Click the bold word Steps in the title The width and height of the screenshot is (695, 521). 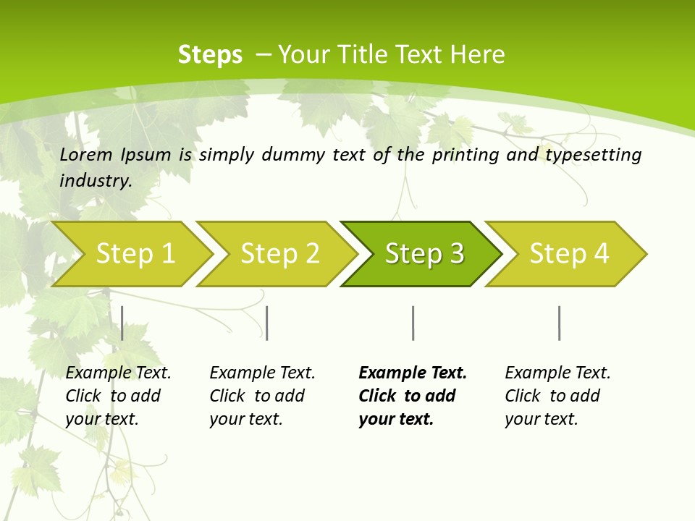tap(210, 55)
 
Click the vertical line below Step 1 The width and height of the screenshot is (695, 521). tap(122, 323)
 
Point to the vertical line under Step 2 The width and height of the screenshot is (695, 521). tap(267, 323)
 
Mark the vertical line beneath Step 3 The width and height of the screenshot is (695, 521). tap(413, 323)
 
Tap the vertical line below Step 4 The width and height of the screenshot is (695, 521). tap(559, 323)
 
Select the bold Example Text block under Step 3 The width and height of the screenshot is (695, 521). tap(413, 396)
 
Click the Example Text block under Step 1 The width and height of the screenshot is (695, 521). tap(118, 396)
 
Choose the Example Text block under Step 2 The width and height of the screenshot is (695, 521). tap(262, 396)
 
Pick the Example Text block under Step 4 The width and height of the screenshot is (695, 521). tap(557, 396)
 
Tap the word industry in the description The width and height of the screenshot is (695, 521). tap(96, 181)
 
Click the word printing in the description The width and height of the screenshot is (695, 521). tap(466, 155)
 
